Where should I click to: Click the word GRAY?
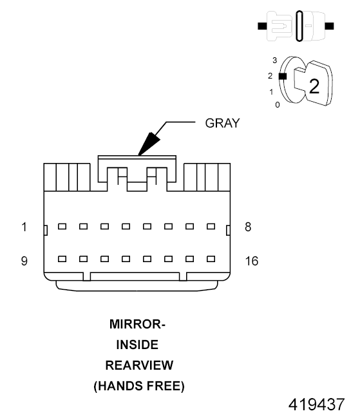point(222,123)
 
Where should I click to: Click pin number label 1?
point(24,227)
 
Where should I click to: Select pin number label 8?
point(247,227)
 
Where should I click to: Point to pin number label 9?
point(24,260)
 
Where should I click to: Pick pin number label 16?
point(251,260)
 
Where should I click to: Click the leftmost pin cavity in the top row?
point(62,226)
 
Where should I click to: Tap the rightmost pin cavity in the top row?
point(211,226)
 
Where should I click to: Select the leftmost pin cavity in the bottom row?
point(62,260)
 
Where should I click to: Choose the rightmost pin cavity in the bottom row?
point(211,260)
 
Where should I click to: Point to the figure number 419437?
point(316,405)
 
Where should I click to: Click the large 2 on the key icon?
point(314,86)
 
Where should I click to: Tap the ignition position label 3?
point(275,60)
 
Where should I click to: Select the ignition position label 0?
point(277,104)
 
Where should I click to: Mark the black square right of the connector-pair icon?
point(330,26)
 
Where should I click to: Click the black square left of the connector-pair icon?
point(261,26)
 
